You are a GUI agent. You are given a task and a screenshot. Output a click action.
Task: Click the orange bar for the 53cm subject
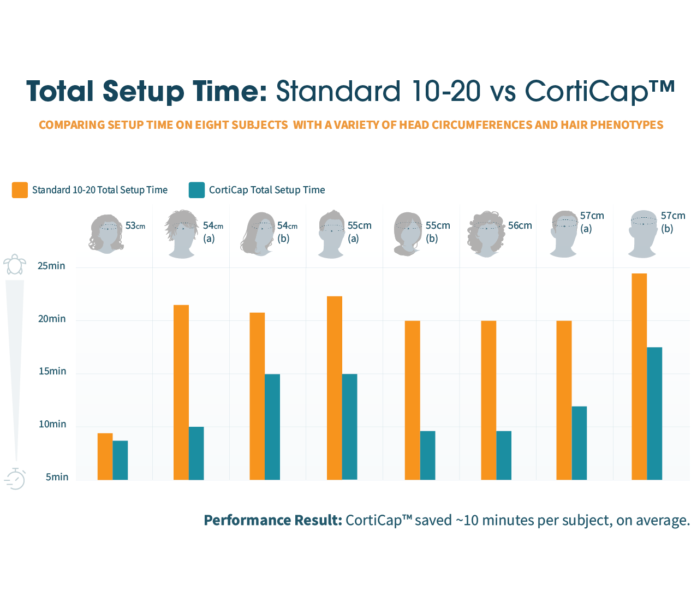tap(105, 456)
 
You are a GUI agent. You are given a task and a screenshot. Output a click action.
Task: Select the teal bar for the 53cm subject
tap(120, 460)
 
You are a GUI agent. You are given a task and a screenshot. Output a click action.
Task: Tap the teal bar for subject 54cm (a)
tap(196, 453)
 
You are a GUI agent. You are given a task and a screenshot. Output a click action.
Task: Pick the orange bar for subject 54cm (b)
tap(257, 396)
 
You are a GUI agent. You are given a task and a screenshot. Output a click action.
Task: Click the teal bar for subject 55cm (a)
tap(350, 427)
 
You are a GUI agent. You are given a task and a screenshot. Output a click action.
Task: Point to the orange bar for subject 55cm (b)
tap(413, 400)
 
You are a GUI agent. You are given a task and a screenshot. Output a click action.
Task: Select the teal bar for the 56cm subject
tap(504, 455)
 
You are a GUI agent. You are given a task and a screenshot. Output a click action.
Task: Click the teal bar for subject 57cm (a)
tap(579, 443)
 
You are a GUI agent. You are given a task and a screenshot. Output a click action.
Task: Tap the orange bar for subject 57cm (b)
tap(639, 377)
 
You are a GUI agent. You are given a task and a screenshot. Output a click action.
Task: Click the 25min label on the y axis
tap(51, 266)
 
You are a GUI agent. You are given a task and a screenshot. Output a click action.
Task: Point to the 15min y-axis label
tap(52, 371)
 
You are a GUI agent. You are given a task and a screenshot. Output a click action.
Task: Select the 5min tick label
tap(57, 477)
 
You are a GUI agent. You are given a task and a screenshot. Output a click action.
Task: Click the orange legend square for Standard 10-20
tap(20, 190)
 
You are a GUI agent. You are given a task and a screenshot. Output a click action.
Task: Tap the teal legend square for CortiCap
tap(196, 190)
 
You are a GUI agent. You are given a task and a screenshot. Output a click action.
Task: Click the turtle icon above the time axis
tap(15, 264)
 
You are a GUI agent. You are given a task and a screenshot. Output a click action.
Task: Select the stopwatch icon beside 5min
tap(15, 479)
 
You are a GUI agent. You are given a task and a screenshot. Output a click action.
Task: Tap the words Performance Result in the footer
tap(273, 520)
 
